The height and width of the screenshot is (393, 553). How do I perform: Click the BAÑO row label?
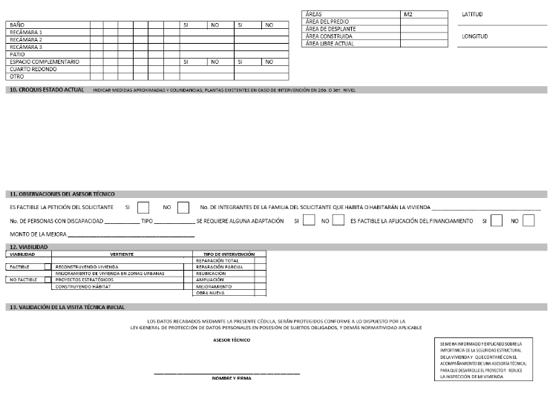[15, 25]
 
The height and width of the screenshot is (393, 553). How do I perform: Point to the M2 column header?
[408, 14]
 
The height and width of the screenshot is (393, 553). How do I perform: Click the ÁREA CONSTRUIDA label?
[329, 36]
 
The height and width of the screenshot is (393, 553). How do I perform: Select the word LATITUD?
[473, 14]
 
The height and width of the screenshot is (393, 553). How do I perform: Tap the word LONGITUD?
[475, 36]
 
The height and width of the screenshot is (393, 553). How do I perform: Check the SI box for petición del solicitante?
[144, 208]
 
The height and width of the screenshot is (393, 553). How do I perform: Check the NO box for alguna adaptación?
[338, 220]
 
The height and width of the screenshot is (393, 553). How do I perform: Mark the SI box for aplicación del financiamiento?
[497, 220]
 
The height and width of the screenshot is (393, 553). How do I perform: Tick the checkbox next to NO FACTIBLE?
[48, 280]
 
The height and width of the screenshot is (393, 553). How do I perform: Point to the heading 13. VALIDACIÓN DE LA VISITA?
[61, 306]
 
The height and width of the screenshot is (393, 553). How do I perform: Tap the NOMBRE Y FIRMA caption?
[227, 378]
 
